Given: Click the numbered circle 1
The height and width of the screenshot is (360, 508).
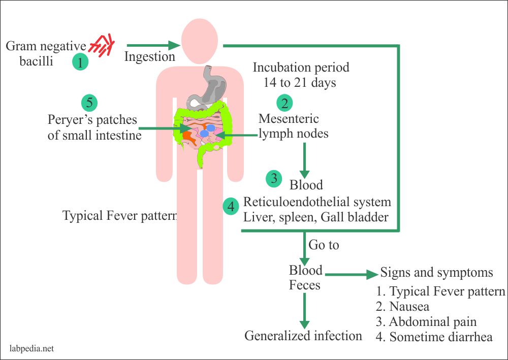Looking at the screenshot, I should (x=80, y=62).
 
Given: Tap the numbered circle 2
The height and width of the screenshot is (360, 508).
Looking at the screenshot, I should (x=284, y=103).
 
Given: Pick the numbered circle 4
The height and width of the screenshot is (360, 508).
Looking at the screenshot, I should (x=231, y=207).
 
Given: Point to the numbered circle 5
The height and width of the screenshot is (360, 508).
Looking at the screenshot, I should (x=89, y=103).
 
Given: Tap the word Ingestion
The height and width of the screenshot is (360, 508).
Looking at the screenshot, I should (x=150, y=56).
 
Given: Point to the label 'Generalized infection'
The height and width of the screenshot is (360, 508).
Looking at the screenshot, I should (x=303, y=336).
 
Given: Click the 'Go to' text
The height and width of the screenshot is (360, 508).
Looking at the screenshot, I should (x=324, y=245).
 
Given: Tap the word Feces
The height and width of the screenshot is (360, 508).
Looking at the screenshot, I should (x=305, y=285).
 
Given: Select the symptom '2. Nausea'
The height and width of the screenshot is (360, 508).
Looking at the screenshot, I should (x=402, y=307).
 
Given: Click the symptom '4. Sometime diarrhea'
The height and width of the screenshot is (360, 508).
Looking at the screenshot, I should (x=434, y=337).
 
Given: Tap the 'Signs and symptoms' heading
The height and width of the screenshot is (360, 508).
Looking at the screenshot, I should (x=436, y=273).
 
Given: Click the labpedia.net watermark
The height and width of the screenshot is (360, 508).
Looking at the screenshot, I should (x=31, y=349).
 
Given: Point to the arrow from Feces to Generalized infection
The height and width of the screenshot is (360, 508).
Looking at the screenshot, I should (x=304, y=311).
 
